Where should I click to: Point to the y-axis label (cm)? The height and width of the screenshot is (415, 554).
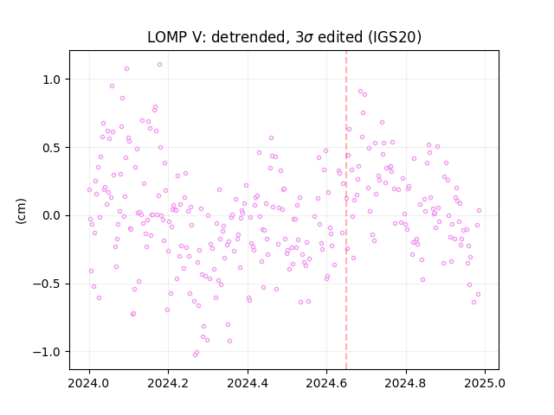(x=21, y=211)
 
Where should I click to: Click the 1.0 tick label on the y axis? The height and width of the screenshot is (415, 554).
(x=52, y=80)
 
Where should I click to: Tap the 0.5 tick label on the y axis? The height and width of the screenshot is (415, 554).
(x=52, y=148)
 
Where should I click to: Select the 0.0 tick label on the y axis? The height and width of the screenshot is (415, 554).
(x=52, y=215)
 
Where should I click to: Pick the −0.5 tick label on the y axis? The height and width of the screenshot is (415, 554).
(x=48, y=284)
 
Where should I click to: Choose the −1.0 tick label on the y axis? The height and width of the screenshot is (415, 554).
(x=48, y=352)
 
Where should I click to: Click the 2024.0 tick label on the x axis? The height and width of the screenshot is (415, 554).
(x=89, y=383)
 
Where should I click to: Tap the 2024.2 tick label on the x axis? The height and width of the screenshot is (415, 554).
(x=169, y=383)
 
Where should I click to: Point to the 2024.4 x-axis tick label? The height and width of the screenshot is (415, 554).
(x=248, y=383)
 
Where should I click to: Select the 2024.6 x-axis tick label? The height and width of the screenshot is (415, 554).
(x=327, y=383)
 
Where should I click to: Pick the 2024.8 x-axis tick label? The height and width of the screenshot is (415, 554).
(x=406, y=383)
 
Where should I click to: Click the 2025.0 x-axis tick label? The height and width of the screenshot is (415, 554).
(x=485, y=383)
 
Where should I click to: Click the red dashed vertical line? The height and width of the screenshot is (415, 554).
(x=346, y=210)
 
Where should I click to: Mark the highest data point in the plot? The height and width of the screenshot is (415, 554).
(x=159, y=65)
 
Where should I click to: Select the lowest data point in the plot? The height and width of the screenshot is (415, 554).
(x=195, y=354)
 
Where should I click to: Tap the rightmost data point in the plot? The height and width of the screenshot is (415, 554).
(x=479, y=211)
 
